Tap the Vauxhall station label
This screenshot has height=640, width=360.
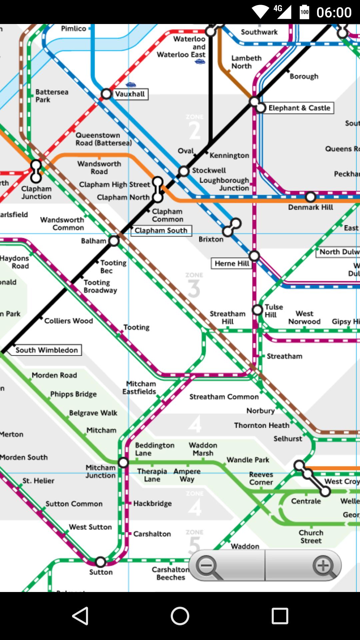click(130, 94)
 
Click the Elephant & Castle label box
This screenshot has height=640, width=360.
click(299, 108)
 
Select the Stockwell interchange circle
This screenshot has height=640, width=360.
click(184, 171)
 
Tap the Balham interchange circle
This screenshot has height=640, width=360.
click(114, 241)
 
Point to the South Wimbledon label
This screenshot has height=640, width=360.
click(47, 350)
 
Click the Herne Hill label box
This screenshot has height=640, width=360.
click(232, 263)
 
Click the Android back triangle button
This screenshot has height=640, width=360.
click(80, 616)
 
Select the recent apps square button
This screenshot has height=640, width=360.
click(280, 616)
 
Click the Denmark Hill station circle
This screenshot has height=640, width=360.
click(311, 197)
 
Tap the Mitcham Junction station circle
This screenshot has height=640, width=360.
click(123, 462)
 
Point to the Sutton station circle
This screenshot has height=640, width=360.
click(101, 562)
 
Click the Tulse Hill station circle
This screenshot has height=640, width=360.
click(257, 310)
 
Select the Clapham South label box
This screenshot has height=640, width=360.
click(161, 230)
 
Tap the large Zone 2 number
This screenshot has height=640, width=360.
click(195, 131)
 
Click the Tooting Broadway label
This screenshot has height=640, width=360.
click(100, 286)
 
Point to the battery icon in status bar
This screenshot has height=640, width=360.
click(304, 12)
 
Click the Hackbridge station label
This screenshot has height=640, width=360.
click(152, 503)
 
